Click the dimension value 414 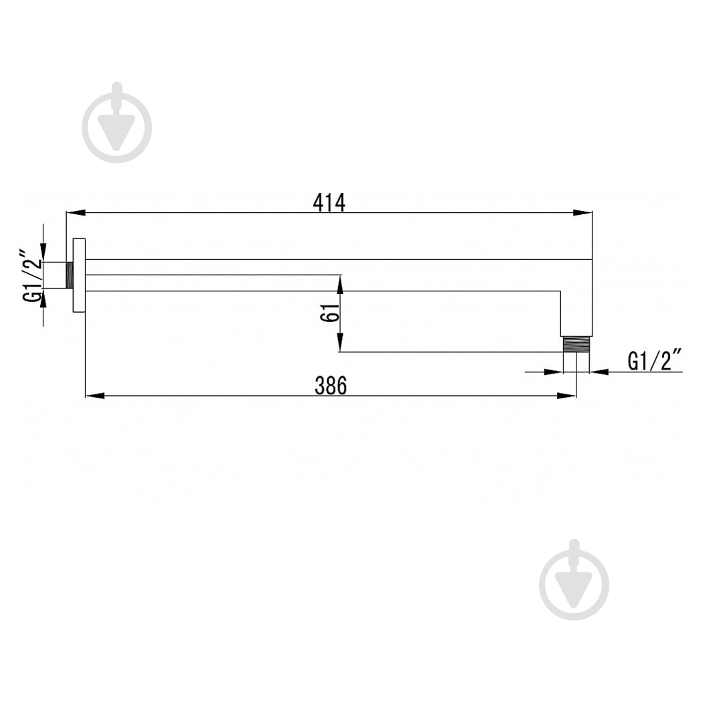pos(329,203)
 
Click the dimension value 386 pos(331,386)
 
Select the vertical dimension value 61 pos(330,312)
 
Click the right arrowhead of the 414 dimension pos(583,213)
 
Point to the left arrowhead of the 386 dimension pos(94,396)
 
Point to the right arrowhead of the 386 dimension pos(566,396)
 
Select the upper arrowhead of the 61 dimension pos(340,285)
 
